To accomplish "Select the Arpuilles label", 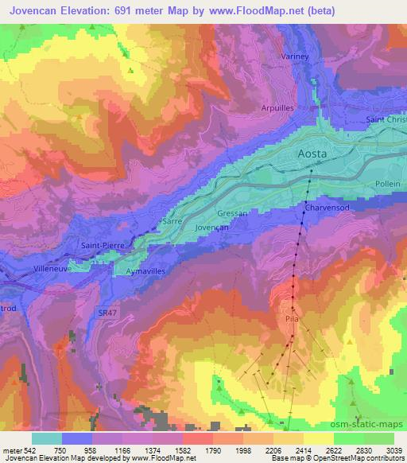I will pyautogui.click(x=278, y=107).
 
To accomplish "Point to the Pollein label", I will pyautogui.click(x=388, y=183).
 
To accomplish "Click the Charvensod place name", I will pyautogui.click(x=324, y=207).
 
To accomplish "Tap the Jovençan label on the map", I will pyautogui.click(x=212, y=227).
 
